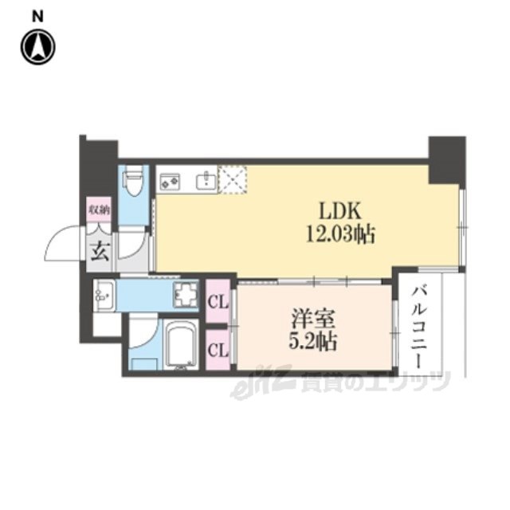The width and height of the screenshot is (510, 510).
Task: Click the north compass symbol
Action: [x=38, y=47]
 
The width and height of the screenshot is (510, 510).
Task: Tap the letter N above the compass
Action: [x=37, y=17]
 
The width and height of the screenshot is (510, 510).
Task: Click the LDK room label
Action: [x=340, y=210]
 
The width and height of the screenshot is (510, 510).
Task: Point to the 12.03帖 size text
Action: [x=340, y=234]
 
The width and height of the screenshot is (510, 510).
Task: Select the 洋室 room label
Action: [x=312, y=319]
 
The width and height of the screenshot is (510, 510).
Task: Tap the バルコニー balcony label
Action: [x=418, y=327]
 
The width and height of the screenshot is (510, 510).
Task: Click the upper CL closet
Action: [x=218, y=303]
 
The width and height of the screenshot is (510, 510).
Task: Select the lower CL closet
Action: [x=218, y=350]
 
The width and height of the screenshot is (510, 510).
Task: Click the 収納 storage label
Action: [x=99, y=210]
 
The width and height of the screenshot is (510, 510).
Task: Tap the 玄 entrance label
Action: [x=100, y=252]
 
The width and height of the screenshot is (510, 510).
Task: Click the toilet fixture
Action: [x=133, y=180]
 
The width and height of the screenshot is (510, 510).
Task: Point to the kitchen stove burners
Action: [x=170, y=182]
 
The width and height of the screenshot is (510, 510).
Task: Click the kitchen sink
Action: [x=206, y=181]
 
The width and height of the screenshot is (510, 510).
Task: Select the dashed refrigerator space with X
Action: [x=232, y=180]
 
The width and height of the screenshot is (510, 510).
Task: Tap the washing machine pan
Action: [x=186, y=295]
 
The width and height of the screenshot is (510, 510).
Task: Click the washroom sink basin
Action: [x=104, y=295]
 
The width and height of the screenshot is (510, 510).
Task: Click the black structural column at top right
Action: [x=447, y=161]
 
